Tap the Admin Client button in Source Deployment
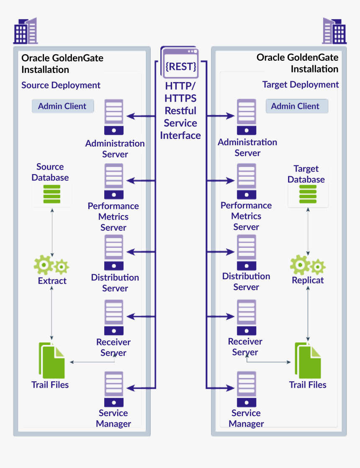(62, 106)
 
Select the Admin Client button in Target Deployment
(296, 106)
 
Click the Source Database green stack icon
(52, 194)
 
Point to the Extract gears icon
(51, 265)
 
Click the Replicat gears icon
(308, 265)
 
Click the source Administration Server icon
(114, 117)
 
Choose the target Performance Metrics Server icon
(247, 181)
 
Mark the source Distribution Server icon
(114, 252)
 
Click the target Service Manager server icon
(246, 389)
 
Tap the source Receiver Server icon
(114, 317)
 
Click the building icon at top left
(26, 31)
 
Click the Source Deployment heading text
(61, 85)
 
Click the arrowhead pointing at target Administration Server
(231, 116)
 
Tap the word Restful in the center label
(180, 111)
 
